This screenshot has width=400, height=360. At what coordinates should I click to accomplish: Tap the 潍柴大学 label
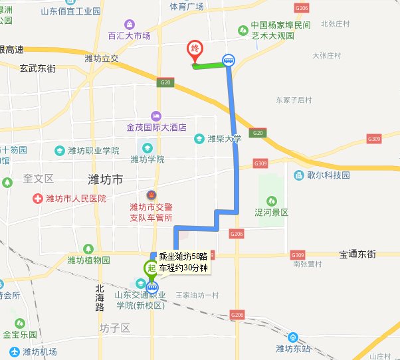pos(223,139)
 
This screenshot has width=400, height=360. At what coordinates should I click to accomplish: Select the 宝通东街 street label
pos(357,254)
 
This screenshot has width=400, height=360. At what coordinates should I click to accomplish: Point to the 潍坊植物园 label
pos(88,260)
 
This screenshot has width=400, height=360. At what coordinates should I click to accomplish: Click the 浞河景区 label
pos(271,213)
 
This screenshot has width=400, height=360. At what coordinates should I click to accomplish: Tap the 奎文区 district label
pos(38,179)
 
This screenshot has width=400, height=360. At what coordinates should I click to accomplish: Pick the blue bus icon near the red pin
pos(229,60)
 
